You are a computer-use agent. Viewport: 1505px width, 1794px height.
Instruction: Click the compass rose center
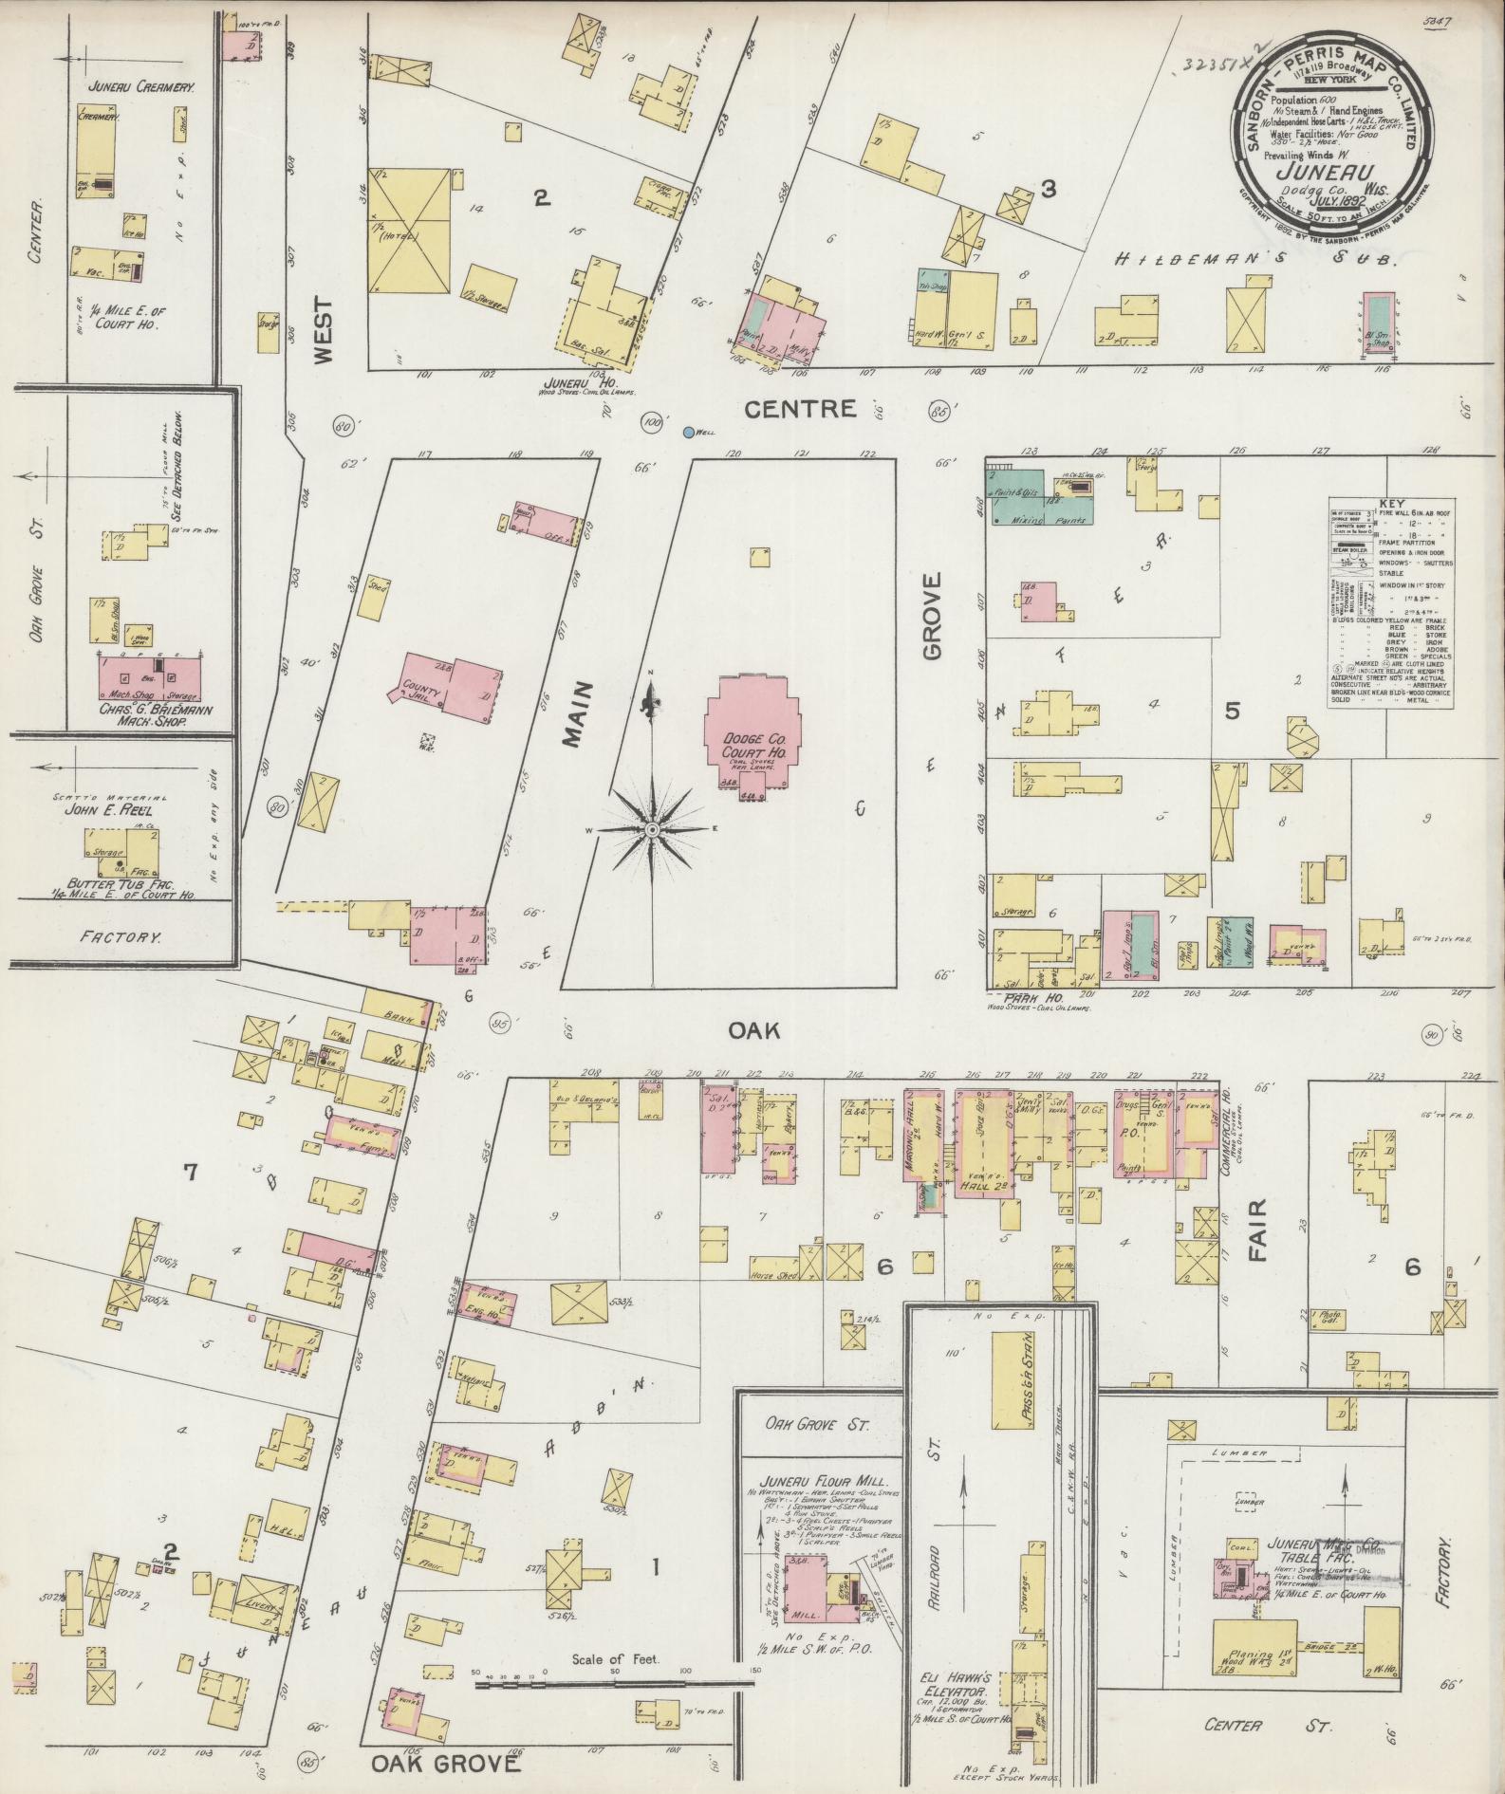(652, 830)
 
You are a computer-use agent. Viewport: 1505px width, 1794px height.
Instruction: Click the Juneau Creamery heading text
(140, 85)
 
